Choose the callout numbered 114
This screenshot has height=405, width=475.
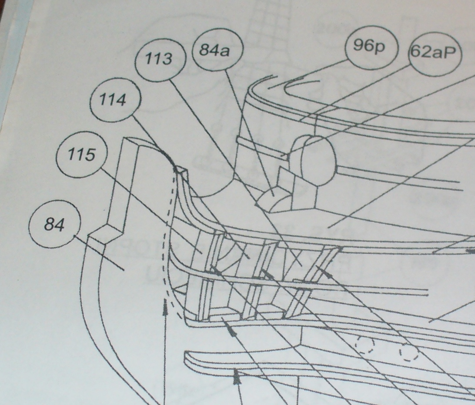pyautogui.click(x=115, y=100)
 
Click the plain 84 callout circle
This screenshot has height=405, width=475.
pyautogui.click(x=55, y=224)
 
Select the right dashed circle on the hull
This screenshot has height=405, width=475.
pyautogui.click(x=408, y=352)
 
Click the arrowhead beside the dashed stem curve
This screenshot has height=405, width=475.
pyautogui.click(x=165, y=306)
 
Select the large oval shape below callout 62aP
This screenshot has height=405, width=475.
pyautogui.click(x=317, y=159)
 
